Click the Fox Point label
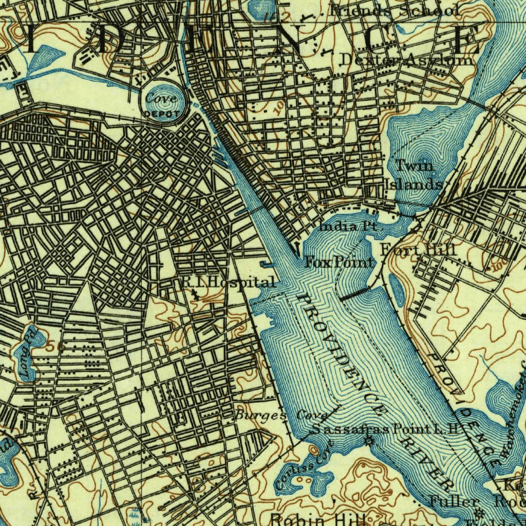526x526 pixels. coord(340,262)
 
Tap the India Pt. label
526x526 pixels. coord(348,226)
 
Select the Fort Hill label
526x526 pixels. coord(418,250)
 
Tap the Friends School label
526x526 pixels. coord(396,9)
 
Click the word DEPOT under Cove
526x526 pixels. coord(162,114)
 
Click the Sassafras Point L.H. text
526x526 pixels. coord(384,429)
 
